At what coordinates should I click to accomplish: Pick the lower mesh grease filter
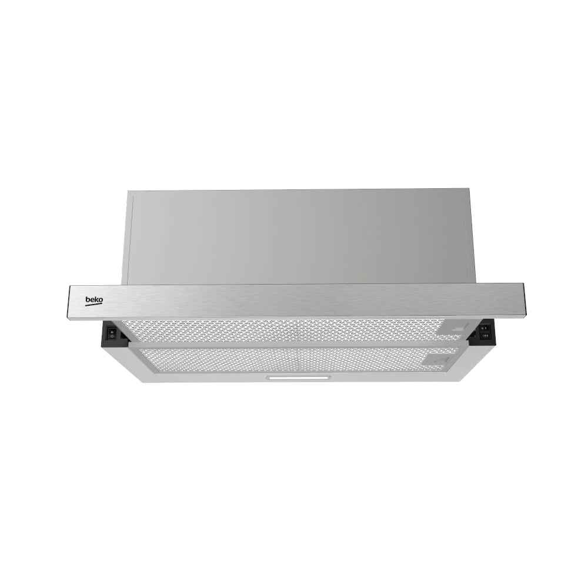[296, 360]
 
